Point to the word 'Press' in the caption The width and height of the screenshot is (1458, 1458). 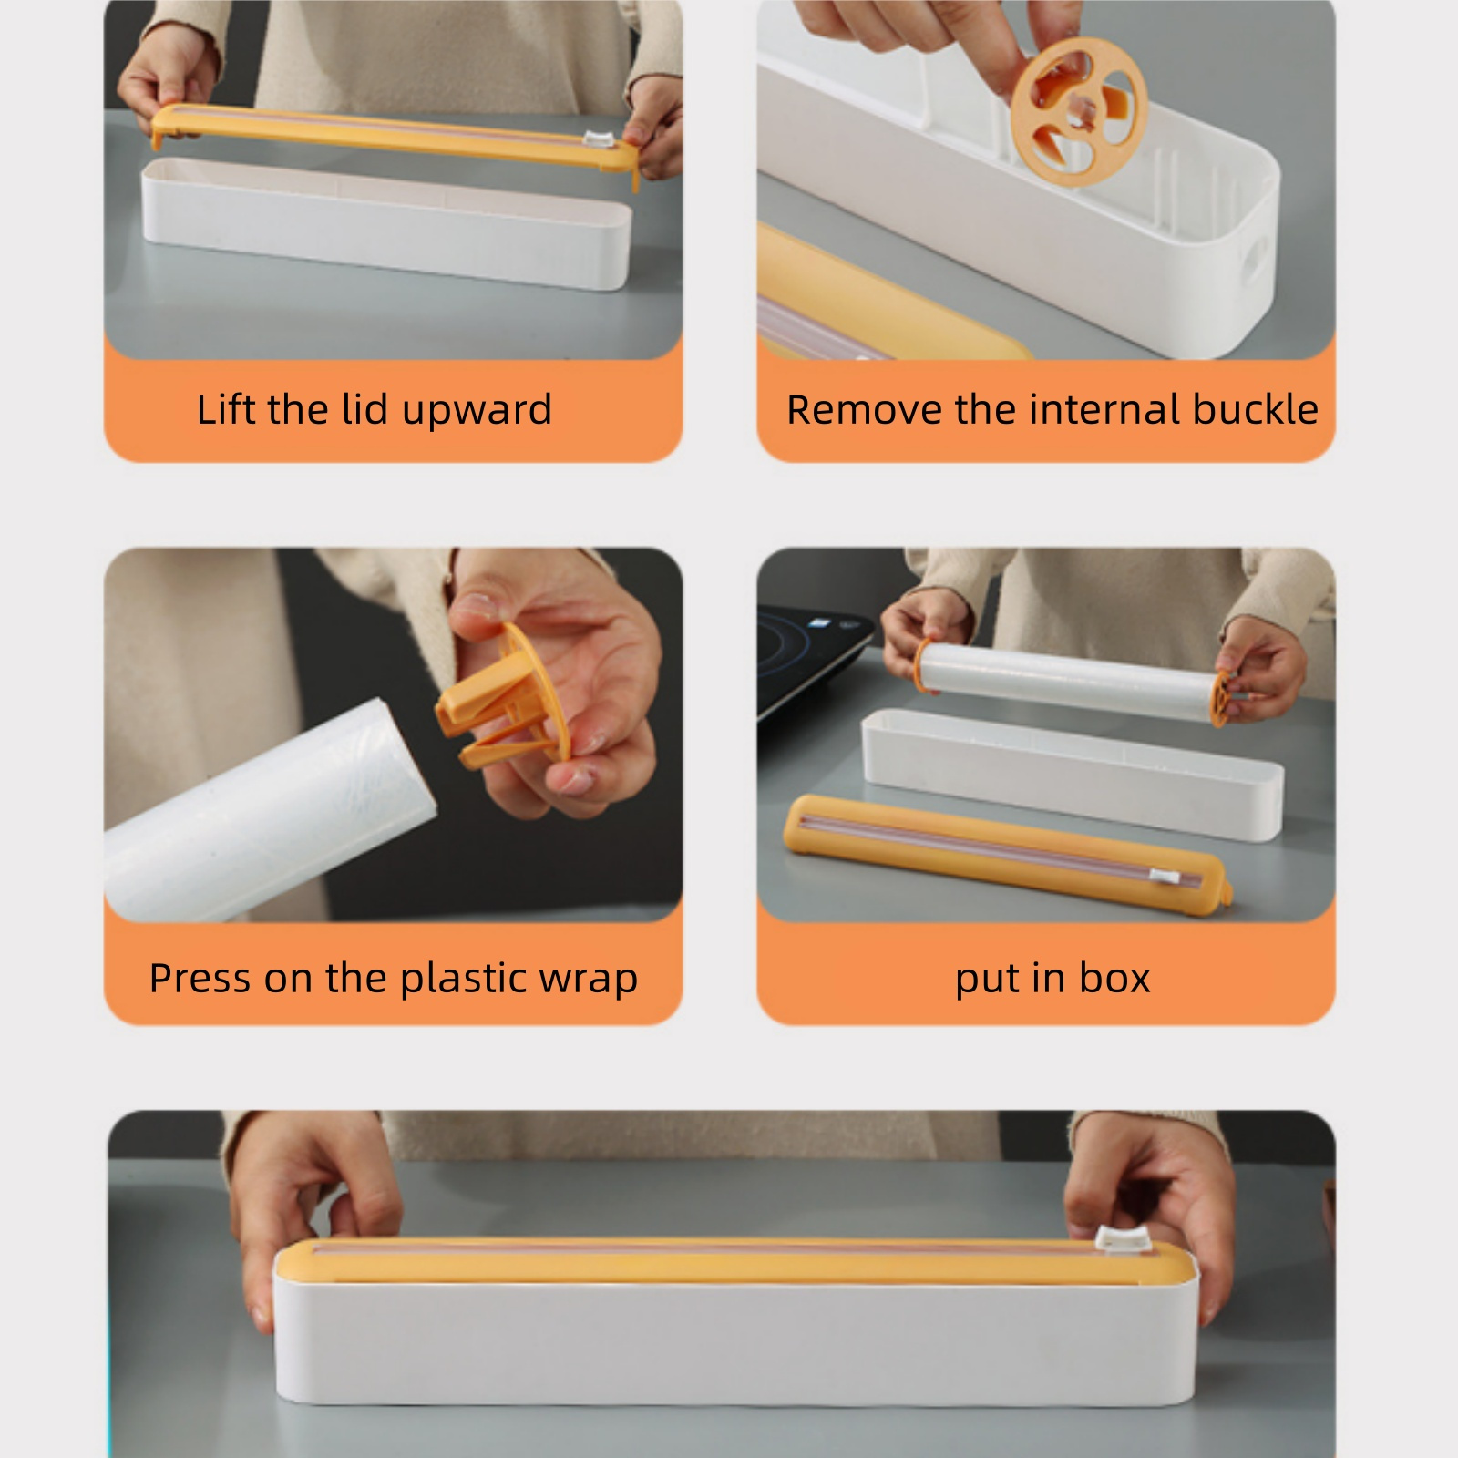tap(199, 978)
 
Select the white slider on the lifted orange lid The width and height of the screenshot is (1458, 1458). tap(598, 141)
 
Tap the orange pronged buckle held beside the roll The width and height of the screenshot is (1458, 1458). tap(510, 702)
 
